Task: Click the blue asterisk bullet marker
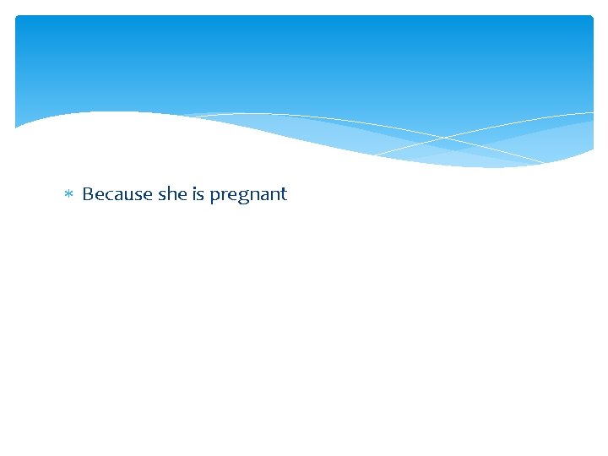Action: pos(68,194)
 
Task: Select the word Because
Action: pos(117,194)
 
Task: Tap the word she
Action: pos(172,194)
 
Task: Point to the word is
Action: pos(198,194)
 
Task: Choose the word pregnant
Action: pos(248,195)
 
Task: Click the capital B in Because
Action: pos(88,194)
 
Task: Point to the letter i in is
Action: pos(194,193)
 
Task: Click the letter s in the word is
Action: pos(201,195)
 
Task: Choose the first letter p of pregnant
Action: pos(214,197)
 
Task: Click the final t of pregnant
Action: pos(284,194)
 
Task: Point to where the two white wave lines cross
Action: pos(445,137)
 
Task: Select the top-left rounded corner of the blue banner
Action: pos(19,19)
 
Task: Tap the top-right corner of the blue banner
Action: pos(591,18)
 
